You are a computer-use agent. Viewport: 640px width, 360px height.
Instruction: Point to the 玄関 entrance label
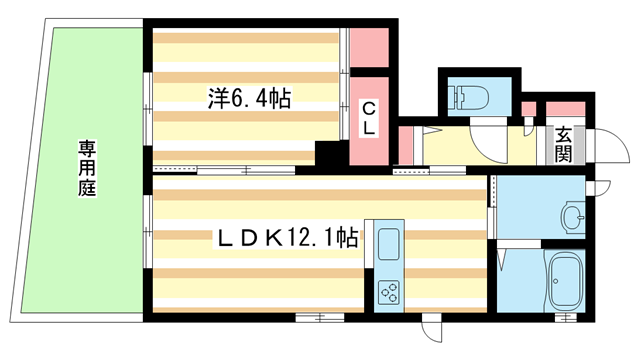tap(565, 144)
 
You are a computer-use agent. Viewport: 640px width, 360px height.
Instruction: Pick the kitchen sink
tap(388, 242)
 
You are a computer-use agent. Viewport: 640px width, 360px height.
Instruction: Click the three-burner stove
tap(388, 292)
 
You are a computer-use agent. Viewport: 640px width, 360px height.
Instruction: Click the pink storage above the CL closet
tap(367, 45)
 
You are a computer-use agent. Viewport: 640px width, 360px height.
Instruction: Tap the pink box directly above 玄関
tap(565, 108)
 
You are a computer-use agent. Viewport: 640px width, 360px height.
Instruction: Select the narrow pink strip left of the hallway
tap(406, 146)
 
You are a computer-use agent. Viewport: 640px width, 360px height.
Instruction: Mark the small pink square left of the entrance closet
tap(529, 109)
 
